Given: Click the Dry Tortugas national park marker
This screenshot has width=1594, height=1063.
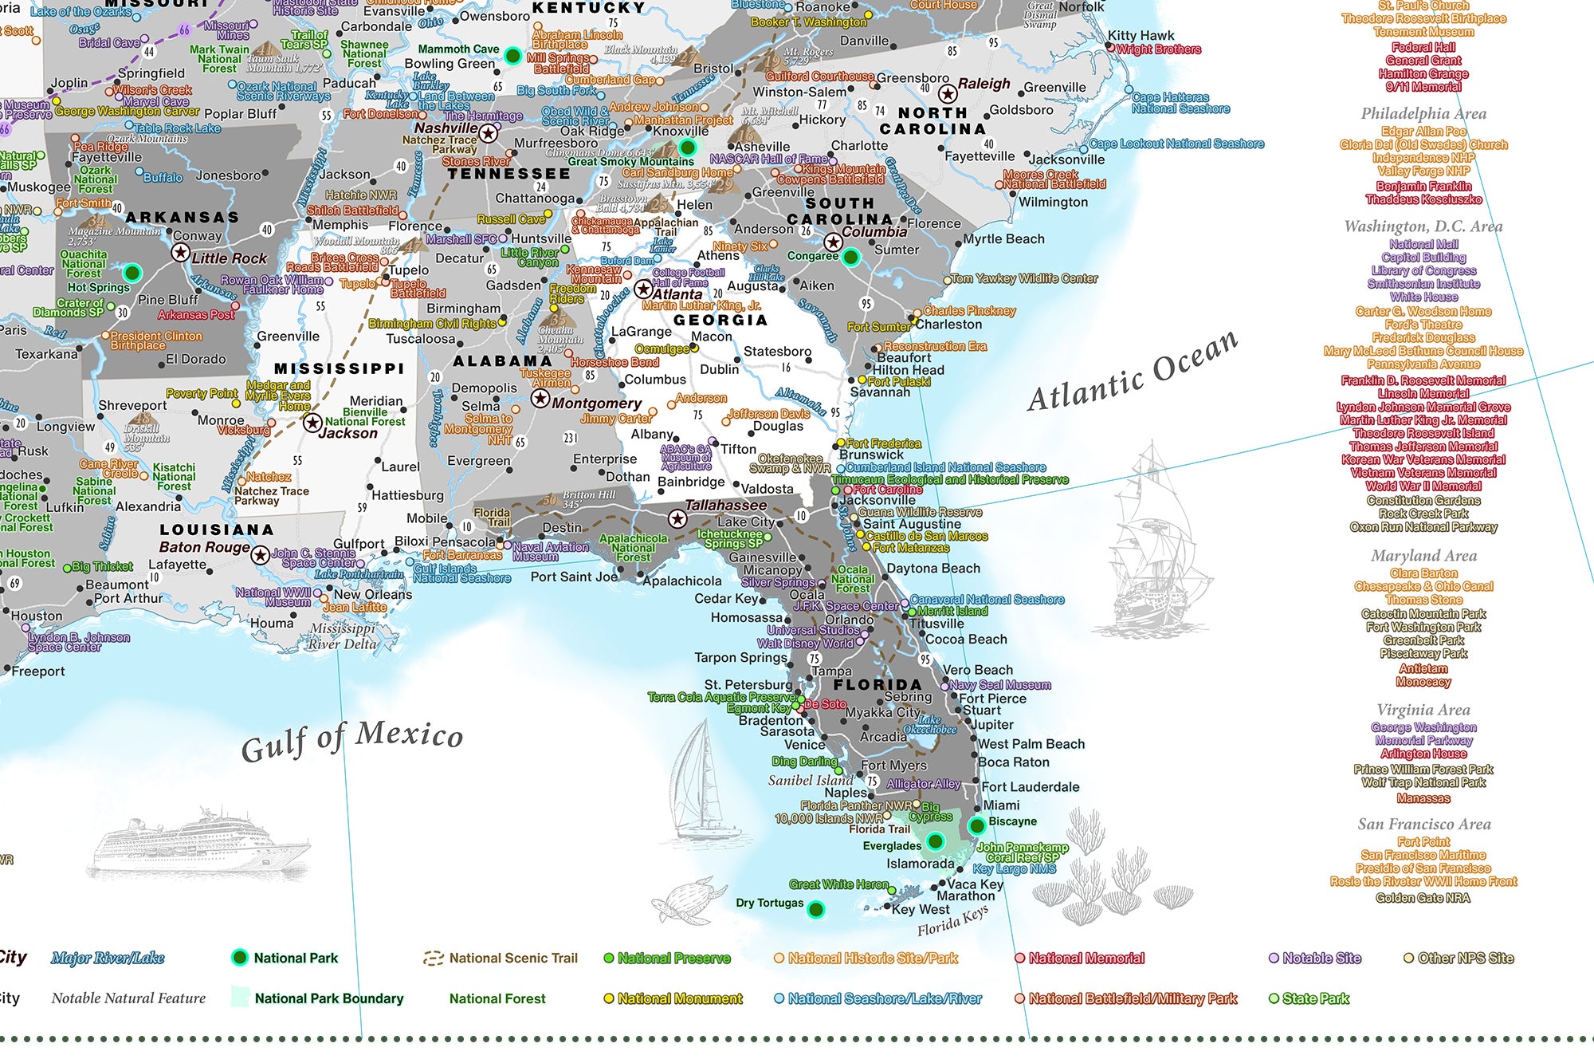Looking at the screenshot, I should [815, 909].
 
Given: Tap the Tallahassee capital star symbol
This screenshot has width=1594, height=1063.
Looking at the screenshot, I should [677, 519].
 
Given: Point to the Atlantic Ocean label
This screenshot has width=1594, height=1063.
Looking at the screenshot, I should [1133, 372].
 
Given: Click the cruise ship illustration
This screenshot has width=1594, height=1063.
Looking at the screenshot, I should [201, 843].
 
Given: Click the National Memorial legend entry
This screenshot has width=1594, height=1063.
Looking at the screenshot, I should [1086, 959].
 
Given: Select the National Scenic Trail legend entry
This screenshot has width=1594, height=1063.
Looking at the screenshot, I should [512, 959].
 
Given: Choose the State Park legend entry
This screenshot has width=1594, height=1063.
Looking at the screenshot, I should [1314, 998].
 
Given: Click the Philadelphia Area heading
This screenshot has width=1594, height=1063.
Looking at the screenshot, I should [1423, 113].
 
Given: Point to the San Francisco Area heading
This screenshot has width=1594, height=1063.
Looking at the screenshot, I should [1423, 825].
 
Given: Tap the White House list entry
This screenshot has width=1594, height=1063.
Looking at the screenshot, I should [1423, 297].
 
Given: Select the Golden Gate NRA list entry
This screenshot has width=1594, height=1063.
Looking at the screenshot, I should [1423, 898].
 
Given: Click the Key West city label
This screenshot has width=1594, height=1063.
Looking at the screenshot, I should [921, 910].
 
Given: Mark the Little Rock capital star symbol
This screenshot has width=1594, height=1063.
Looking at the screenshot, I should [181, 253].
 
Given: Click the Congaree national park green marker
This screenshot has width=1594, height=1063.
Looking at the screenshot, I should [851, 257].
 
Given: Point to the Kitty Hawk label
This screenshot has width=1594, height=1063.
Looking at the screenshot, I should [1141, 36].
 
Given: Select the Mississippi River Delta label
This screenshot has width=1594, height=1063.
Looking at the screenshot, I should [343, 636].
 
